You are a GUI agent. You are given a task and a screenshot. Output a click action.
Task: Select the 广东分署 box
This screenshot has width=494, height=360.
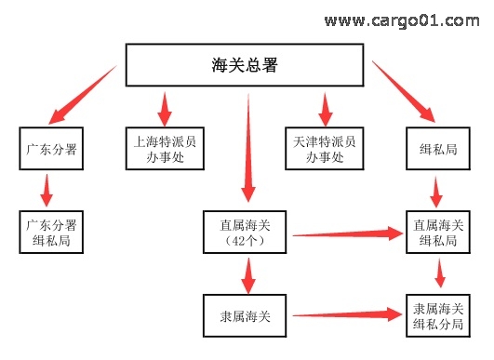pyautogui.click(x=52, y=147)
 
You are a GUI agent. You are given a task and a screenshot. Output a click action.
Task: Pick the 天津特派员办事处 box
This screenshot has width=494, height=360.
pyautogui.click(x=325, y=147)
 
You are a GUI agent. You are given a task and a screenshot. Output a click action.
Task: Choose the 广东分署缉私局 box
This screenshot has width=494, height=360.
pyautogui.click(x=52, y=232)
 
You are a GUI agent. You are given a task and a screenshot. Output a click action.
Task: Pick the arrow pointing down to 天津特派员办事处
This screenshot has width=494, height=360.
pyautogui.click(x=325, y=108)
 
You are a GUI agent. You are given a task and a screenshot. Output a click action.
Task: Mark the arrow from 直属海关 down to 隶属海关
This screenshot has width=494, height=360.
pyautogui.click(x=247, y=274)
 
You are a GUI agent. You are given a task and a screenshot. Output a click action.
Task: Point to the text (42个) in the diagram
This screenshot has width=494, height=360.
pyautogui.click(x=247, y=241)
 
